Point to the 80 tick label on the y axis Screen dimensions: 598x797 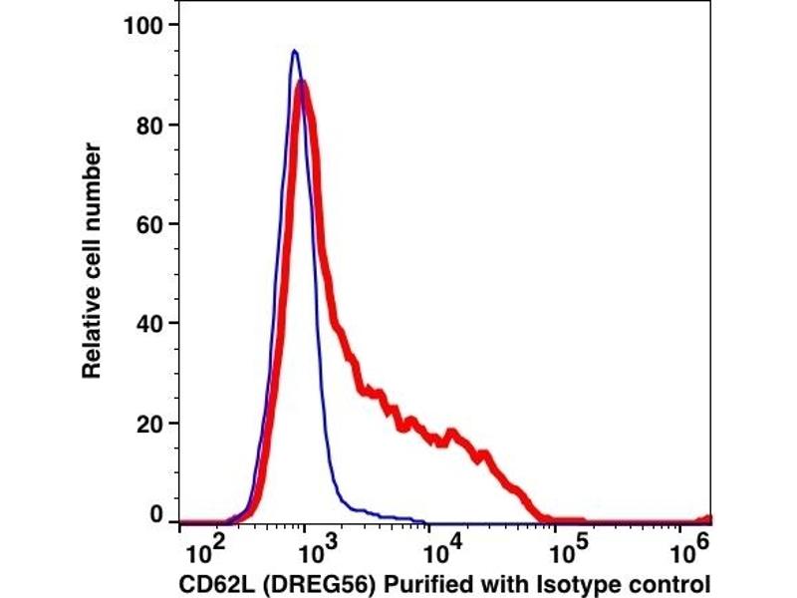pos(149,125)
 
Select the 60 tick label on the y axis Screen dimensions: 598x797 pos(149,223)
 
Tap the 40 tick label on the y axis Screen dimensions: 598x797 pos(149,323)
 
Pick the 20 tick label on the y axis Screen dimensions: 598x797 pos(149,423)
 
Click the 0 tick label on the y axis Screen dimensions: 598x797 pos(156,514)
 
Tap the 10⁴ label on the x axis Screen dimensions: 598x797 pos(439,550)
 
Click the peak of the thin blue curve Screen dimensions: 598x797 pos(294,51)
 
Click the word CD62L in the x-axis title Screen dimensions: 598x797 pos(211,583)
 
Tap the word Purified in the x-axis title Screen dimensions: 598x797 pos(397,583)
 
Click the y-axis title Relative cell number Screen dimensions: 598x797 pos(92,259)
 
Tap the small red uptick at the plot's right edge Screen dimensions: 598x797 pos(708,517)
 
